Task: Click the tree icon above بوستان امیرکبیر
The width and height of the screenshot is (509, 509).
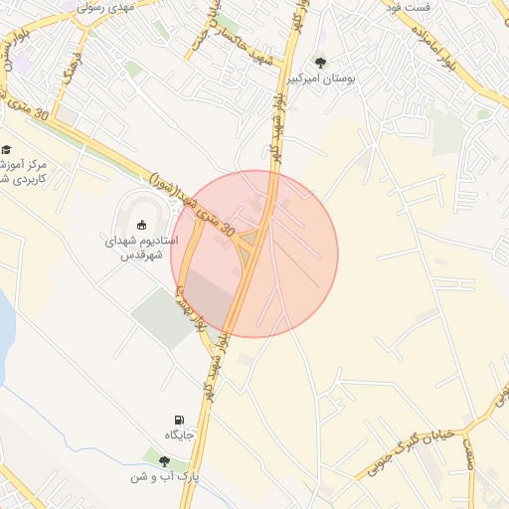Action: (x=319, y=63)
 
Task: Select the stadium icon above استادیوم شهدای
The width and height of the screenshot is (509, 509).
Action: (x=141, y=224)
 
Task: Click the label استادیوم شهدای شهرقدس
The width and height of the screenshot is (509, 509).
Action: (x=141, y=248)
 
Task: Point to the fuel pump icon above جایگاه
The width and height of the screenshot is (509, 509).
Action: (x=179, y=421)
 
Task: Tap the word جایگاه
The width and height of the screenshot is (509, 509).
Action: (x=179, y=436)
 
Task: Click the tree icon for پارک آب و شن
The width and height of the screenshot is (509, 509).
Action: (x=164, y=460)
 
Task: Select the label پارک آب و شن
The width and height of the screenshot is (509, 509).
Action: (x=164, y=477)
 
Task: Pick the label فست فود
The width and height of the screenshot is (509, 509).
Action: (x=409, y=7)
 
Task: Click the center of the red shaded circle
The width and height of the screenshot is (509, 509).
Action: (x=254, y=254)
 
